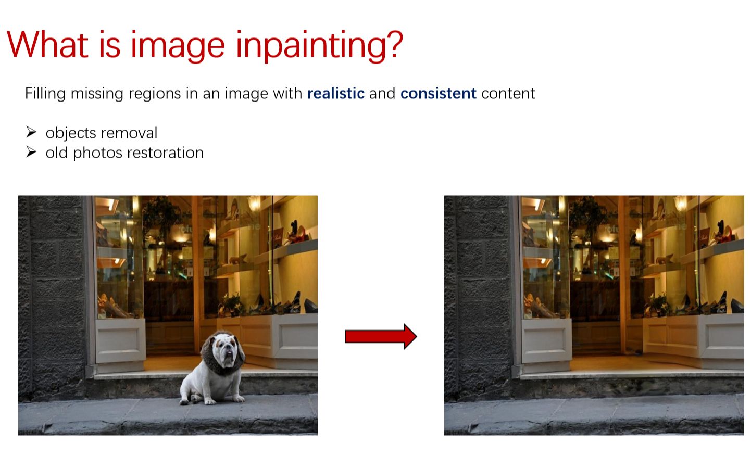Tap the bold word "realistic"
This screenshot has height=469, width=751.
pyautogui.click(x=335, y=94)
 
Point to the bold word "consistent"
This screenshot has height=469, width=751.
pyautogui.click(x=438, y=94)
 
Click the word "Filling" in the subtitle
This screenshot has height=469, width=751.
pyautogui.click(x=45, y=94)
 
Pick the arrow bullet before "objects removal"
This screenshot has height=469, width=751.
pyautogui.click(x=31, y=132)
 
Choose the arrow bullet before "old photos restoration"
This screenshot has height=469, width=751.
pyautogui.click(x=31, y=152)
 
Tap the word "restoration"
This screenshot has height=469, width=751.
pyautogui.click(x=166, y=153)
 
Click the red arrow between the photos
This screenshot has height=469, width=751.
pyautogui.click(x=381, y=336)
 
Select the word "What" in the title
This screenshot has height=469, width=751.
pyautogui.click(x=47, y=45)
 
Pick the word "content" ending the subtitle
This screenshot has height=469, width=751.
pyautogui.click(x=508, y=94)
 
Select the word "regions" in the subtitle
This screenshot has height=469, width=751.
pyautogui.click(x=155, y=94)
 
